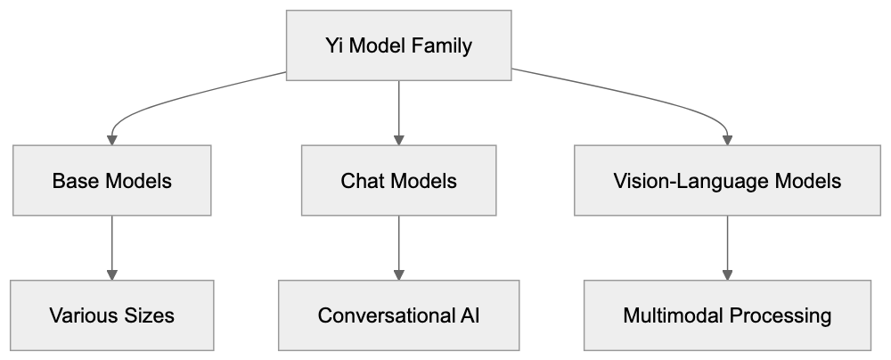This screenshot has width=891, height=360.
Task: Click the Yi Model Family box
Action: click(x=398, y=45)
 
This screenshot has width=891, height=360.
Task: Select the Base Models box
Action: click(x=111, y=181)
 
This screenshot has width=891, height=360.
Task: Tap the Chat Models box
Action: click(x=398, y=181)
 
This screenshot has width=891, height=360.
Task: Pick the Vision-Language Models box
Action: click(x=727, y=181)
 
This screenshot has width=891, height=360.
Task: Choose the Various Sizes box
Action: click(x=111, y=315)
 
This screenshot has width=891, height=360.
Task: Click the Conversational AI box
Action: click(x=398, y=315)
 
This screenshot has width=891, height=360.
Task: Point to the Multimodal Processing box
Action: click(x=727, y=315)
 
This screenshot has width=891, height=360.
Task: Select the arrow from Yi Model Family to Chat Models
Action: click(x=398, y=111)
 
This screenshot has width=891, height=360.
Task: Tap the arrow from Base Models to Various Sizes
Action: click(x=111, y=247)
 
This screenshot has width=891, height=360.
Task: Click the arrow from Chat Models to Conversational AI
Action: click(x=398, y=247)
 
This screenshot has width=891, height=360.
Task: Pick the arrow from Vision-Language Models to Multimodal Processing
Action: click(x=728, y=247)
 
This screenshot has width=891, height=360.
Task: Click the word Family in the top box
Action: click(x=442, y=45)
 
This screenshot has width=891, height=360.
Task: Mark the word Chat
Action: click(x=362, y=181)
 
